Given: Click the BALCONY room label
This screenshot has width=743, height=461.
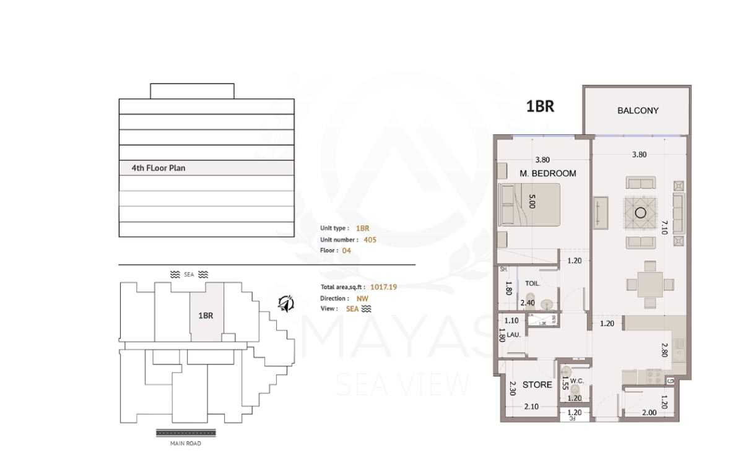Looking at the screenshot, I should click(638, 111).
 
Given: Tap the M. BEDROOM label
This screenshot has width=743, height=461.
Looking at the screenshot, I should click(547, 173).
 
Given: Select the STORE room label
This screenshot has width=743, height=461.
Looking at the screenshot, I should click(537, 385).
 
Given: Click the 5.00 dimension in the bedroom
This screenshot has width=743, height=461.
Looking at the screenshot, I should click(531, 201).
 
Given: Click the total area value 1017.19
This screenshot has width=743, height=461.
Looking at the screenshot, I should click(384, 287).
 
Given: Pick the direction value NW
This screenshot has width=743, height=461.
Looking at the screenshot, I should click(362, 298).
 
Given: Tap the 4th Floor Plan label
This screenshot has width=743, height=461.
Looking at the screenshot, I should click(158, 168).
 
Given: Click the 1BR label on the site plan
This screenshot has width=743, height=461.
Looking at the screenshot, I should click(206, 315).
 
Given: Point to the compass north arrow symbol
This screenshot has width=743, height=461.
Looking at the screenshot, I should click(285, 303).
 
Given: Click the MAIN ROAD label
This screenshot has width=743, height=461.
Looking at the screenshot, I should click(186, 443).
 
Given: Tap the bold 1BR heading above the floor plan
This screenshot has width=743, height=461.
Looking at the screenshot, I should click(540, 106).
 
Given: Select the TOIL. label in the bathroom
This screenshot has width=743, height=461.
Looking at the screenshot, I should click(532, 283).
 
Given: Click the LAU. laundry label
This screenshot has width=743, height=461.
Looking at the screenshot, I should click(513, 335).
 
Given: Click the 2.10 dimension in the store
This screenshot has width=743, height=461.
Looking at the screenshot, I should click(531, 407).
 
